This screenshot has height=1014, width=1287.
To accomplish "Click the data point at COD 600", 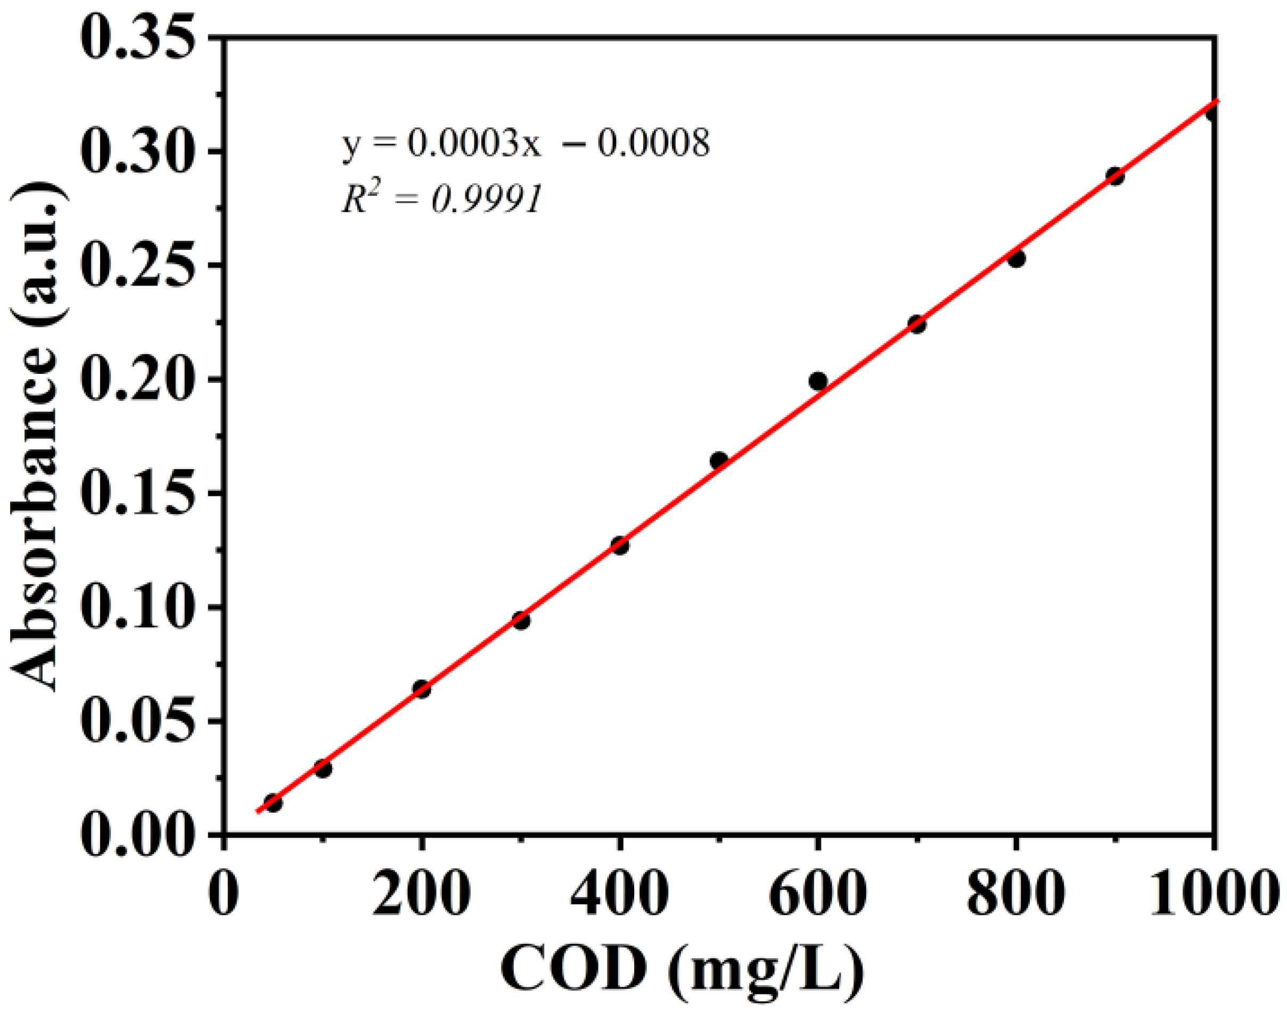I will pos(818,381).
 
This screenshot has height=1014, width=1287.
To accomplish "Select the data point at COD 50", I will pos(273,803).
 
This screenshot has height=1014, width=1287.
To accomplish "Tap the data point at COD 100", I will pos(323,769).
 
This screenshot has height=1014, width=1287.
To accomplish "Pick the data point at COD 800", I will pos(1017,259).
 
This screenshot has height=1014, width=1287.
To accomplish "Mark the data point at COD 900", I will pos(1116,176).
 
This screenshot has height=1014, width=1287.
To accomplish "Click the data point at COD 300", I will pos(521,621).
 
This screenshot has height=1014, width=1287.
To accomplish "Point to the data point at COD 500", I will pos(719,460).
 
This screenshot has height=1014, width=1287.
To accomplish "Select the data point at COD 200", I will pos(422,689).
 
